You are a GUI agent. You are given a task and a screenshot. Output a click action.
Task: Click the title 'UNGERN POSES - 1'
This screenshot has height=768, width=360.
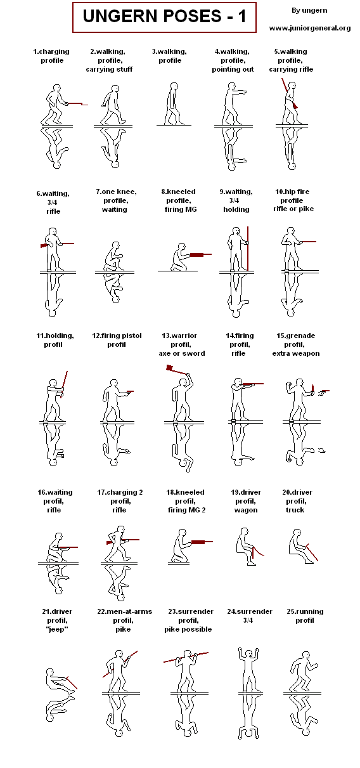coord(164,17)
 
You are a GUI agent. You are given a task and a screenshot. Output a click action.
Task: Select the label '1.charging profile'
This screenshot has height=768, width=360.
coord(51,56)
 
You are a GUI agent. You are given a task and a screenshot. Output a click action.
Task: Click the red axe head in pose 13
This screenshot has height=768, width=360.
coord(170,368)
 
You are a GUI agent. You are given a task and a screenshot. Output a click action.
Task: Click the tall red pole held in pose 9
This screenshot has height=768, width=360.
coord(247,247)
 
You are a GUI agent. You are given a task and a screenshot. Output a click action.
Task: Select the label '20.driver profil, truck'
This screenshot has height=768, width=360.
coord(297,501)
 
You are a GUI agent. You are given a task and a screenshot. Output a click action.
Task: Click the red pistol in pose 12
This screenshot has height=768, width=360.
coord(129,392)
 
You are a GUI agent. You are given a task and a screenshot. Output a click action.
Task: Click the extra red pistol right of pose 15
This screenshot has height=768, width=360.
coord(325,392)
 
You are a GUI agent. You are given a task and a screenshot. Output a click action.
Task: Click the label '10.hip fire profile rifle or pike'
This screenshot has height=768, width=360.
coord(293,200)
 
